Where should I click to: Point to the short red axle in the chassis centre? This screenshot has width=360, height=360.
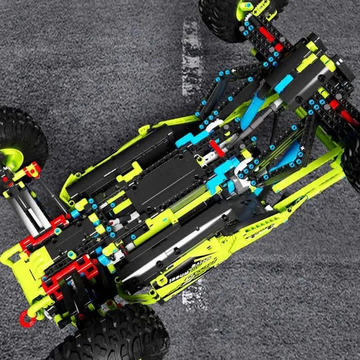tap(216, 148)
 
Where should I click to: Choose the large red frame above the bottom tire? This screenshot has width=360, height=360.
tap(72, 274)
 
